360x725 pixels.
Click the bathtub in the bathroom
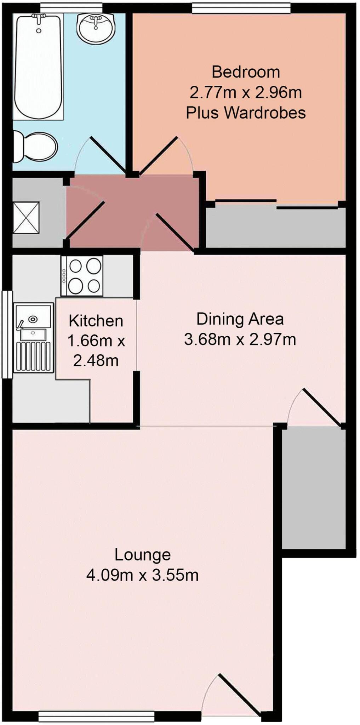(39, 65)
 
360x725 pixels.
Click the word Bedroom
(246, 72)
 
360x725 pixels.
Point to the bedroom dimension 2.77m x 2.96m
(246, 93)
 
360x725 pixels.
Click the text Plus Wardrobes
(246, 113)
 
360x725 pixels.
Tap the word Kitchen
(96, 321)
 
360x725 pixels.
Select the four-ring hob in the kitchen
(82, 276)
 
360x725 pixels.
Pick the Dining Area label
(240, 319)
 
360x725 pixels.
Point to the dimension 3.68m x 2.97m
(240, 339)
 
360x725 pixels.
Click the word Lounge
(142, 555)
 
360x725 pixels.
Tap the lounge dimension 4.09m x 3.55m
(142, 575)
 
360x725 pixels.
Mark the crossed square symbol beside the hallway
(26, 217)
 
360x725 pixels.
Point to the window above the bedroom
(241, 8)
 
